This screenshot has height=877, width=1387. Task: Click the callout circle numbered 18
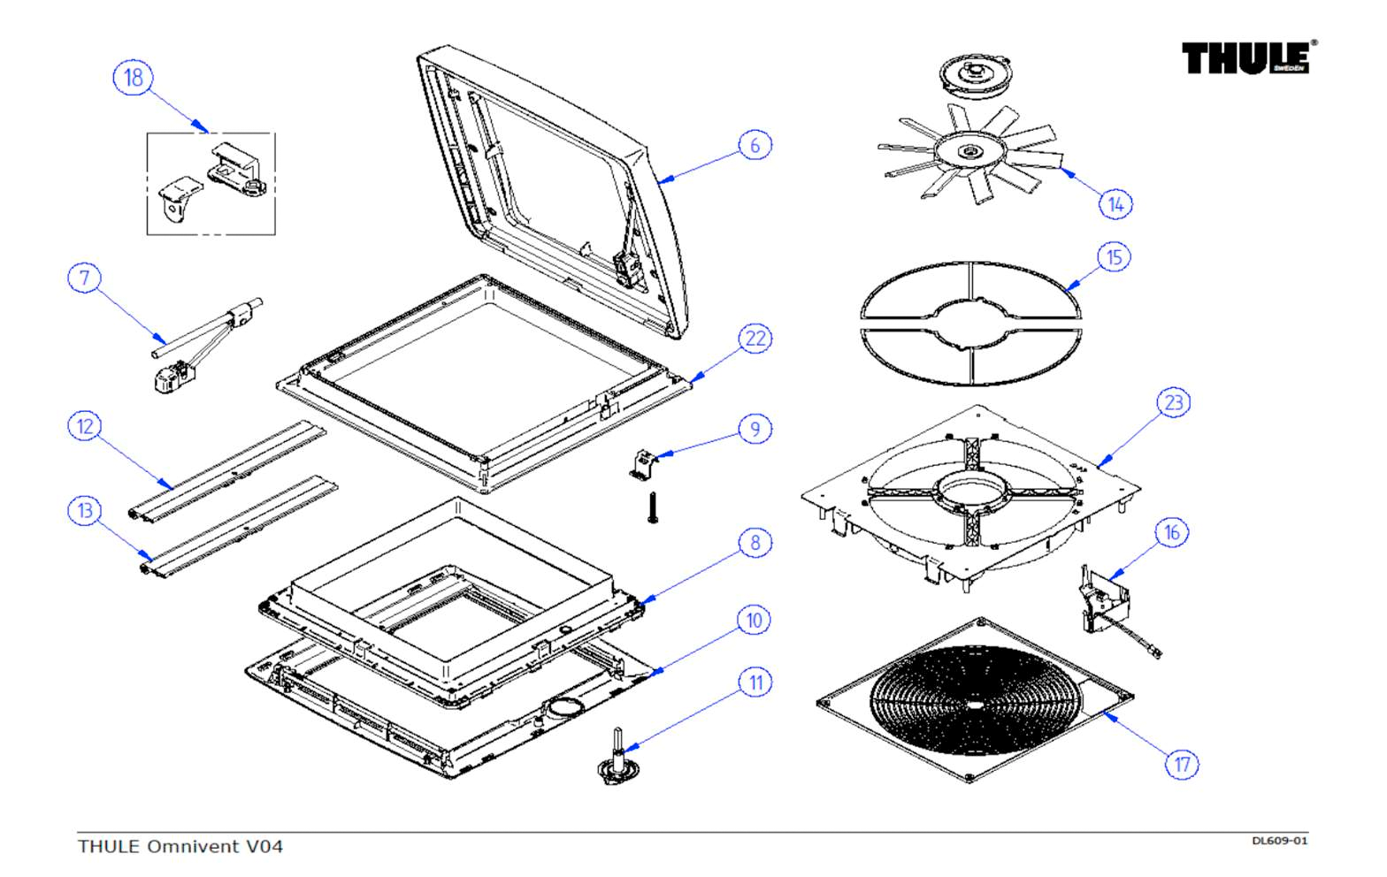pyautogui.click(x=133, y=77)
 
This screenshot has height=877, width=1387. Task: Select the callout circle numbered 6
pyautogui.click(x=755, y=145)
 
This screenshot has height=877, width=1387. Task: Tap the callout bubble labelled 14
pyautogui.click(x=1115, y=204)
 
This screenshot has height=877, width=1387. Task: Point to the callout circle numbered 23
pyautogui.click(x=1173, y=403)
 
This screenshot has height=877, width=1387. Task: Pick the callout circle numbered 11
pyautogui.click(x=755, y=683)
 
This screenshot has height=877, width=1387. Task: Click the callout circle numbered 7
pyautogui.click(x=85, y=278)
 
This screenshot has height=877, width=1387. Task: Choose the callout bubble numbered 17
pyautogui.click(x=1182, y=764)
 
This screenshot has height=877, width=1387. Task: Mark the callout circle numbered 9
pyautogui.click(x=755, y=430)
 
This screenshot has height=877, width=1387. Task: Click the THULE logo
pyautogui.click(x=1248, y=57)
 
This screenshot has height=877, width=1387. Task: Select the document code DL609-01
pyautogui.click(x=1278, y=841)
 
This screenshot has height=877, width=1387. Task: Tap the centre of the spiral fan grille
pyautogui.click(x=975, y=705)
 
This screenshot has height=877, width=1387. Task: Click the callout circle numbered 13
pyautogui.click(x=85, y=511)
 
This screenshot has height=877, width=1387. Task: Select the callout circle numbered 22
pyautogui.click(x=755, y=339)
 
